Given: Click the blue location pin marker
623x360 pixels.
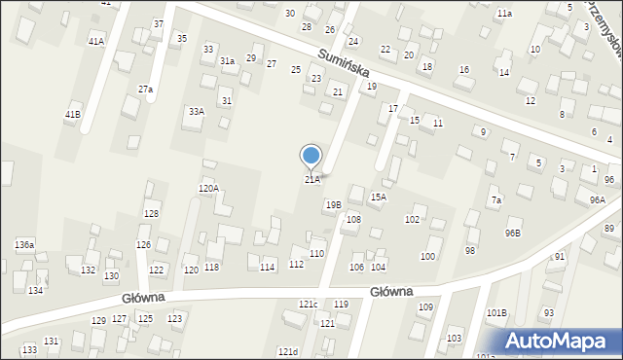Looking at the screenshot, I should tap(311, 155).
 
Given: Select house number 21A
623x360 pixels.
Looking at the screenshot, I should tap(311, 180).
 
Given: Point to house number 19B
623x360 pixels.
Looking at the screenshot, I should tap(333, 205).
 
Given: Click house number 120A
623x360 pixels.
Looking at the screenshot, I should tap(208, 189).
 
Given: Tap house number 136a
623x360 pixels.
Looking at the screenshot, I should tap(24, 244).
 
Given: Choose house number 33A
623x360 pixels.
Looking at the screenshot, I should tap(197, 112).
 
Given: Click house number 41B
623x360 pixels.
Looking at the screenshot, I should tap(73, 115).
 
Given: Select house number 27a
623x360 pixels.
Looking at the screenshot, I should tap(145, 90).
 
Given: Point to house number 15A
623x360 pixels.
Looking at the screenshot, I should tap(378, 197).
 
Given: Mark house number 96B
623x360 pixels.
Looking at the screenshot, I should tap(512, 234).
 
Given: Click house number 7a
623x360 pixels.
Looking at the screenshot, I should tap(495, 200).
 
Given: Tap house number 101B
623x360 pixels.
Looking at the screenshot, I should tap(496, 313).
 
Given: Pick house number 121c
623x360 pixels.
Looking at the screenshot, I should tap(308, 305).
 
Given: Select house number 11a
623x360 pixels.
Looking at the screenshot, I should tap(504, 14).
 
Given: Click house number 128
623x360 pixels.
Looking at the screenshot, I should tap(151, 214).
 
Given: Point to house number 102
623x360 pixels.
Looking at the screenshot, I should tap(412, 220).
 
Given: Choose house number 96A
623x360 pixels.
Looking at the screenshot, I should tap(597, 199).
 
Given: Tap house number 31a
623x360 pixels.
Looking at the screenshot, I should tap(227, 61).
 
